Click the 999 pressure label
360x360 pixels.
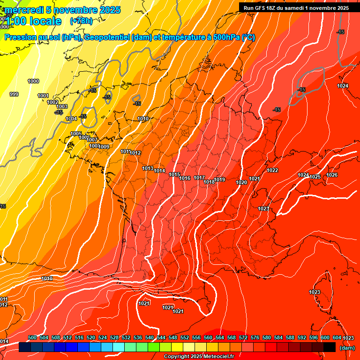14,94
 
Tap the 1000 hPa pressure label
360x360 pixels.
33,81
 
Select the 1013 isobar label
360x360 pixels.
148,168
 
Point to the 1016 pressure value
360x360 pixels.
185,178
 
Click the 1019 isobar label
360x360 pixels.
220,180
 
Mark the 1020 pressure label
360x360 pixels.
241,182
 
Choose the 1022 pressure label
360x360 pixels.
272,170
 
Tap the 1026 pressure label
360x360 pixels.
332,175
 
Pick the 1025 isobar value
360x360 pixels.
315,177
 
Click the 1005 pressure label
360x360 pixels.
76,134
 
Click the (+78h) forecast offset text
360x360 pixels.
81,21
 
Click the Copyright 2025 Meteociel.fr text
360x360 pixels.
199,356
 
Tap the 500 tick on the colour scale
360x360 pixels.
32,337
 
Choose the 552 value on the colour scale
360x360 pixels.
185,337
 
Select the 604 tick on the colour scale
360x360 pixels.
337,337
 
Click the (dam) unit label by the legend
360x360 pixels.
347,348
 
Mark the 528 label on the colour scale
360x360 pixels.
114,337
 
